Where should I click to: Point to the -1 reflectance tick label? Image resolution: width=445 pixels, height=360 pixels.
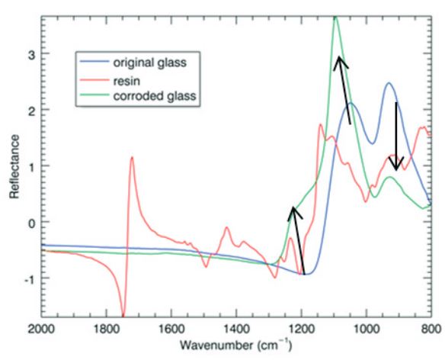tap(27, 278)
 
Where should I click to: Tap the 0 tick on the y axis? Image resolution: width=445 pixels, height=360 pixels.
tap(29, 223)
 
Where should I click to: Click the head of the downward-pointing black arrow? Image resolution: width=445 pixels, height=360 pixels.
tap(395, 167)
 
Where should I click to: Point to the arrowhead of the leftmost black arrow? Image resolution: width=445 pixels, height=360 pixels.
tap(292, 208)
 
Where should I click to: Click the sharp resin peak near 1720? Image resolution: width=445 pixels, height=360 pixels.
tap(132, 158)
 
